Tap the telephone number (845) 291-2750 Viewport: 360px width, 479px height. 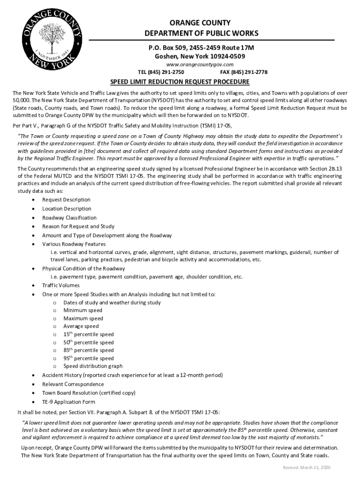coord(160,72)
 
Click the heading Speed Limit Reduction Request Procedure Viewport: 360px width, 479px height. coord(180,82)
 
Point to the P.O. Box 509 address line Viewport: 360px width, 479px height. coord(201,48)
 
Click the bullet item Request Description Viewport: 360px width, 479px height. coord(66,200)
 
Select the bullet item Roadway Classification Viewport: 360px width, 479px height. coord(69,218)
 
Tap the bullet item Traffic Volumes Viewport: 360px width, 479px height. coord(61,285)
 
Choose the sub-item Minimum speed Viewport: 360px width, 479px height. coord(83,310)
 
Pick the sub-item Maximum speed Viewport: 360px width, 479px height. coord(83,318)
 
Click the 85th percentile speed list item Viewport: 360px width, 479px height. coord(88,350)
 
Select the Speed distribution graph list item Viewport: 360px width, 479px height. coord(93,366)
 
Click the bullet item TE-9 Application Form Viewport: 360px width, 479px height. coord(68,402)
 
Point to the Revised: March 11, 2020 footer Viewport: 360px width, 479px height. coord(306,468)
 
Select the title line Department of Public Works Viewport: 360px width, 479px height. coord(201,34)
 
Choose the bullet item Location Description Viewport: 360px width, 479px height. coord(67,209)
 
